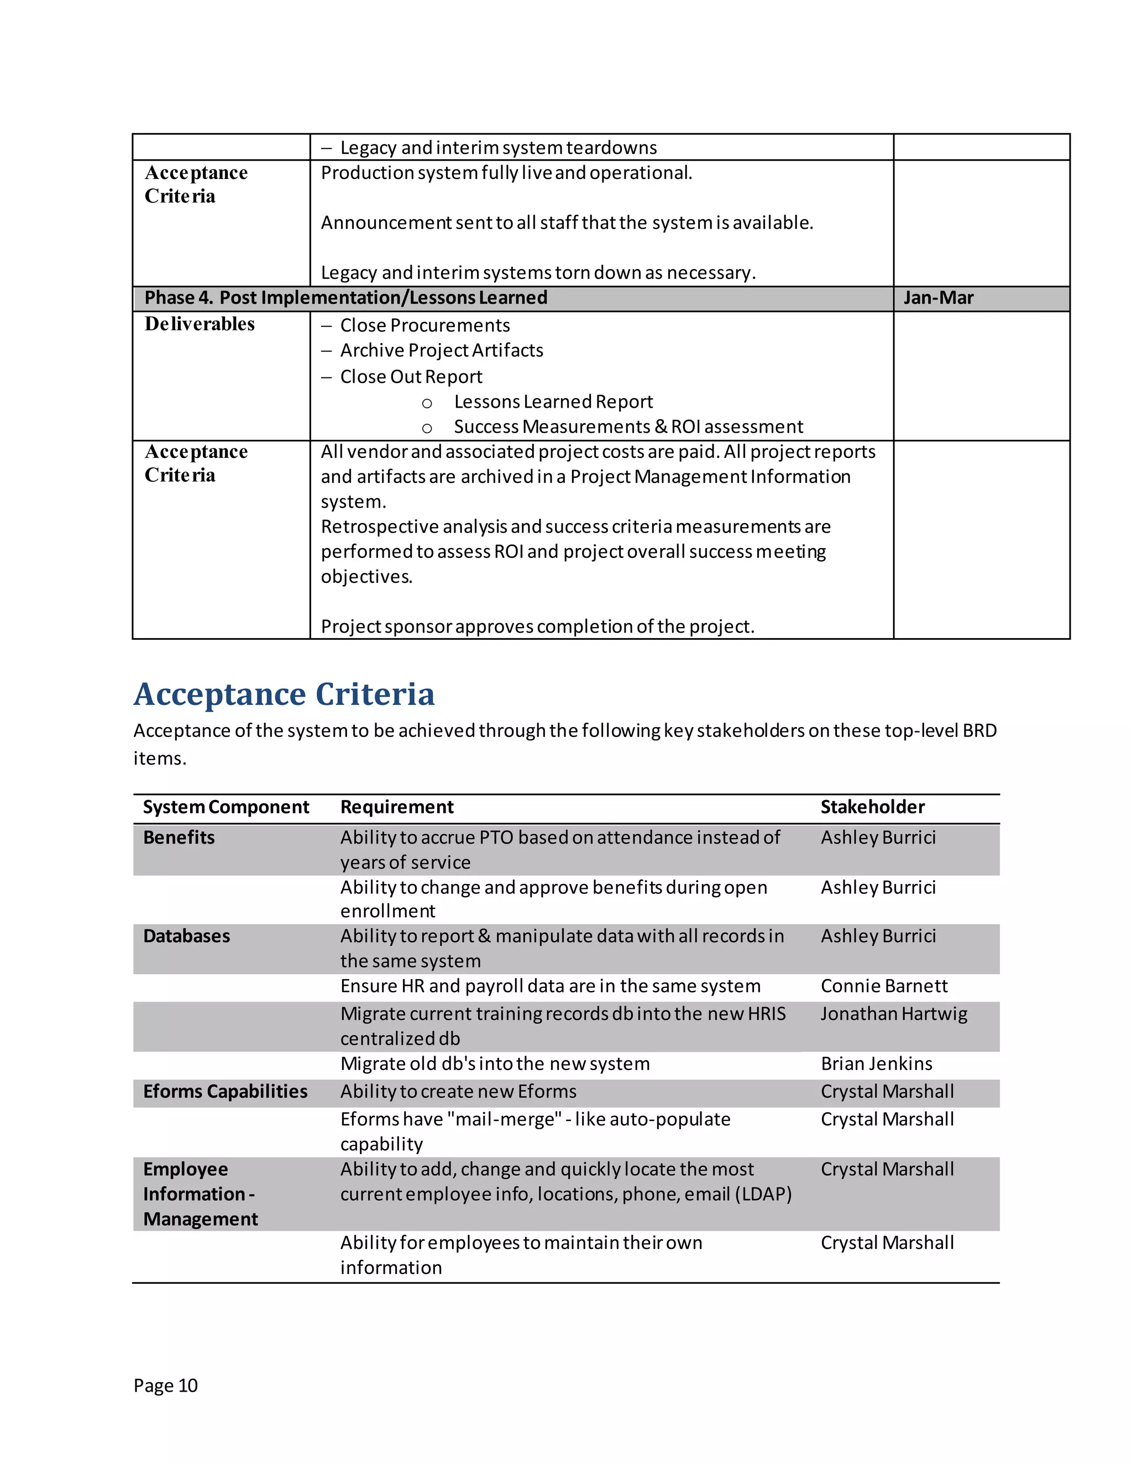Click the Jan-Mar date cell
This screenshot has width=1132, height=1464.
coord(937,298)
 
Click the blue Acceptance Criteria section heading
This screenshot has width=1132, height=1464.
coord(284,694)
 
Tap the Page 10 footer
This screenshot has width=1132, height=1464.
coord(166,1386)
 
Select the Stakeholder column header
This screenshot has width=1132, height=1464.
coord(872,807)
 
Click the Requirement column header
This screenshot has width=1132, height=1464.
coord(396,807)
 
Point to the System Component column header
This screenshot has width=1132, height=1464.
coord(226,807)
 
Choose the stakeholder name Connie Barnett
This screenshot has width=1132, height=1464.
coord(884,986)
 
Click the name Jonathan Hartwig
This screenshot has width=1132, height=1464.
coord(894,1014)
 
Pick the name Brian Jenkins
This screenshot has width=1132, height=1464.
coord(877,1064)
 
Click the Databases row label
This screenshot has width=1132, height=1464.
coord(186,936)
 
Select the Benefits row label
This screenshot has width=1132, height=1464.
coord(179,838)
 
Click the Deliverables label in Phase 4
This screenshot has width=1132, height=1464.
coord(200,324)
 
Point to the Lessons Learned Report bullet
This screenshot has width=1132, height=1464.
coord(553,402)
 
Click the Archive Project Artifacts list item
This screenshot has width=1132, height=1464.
coord(441,351)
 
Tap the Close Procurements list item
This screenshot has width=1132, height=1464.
coord(424,326)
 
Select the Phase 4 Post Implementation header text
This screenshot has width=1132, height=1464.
coord(346,298)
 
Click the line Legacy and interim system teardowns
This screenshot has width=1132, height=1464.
coord(498,148)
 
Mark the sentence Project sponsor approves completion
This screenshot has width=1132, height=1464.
coord(537,627)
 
